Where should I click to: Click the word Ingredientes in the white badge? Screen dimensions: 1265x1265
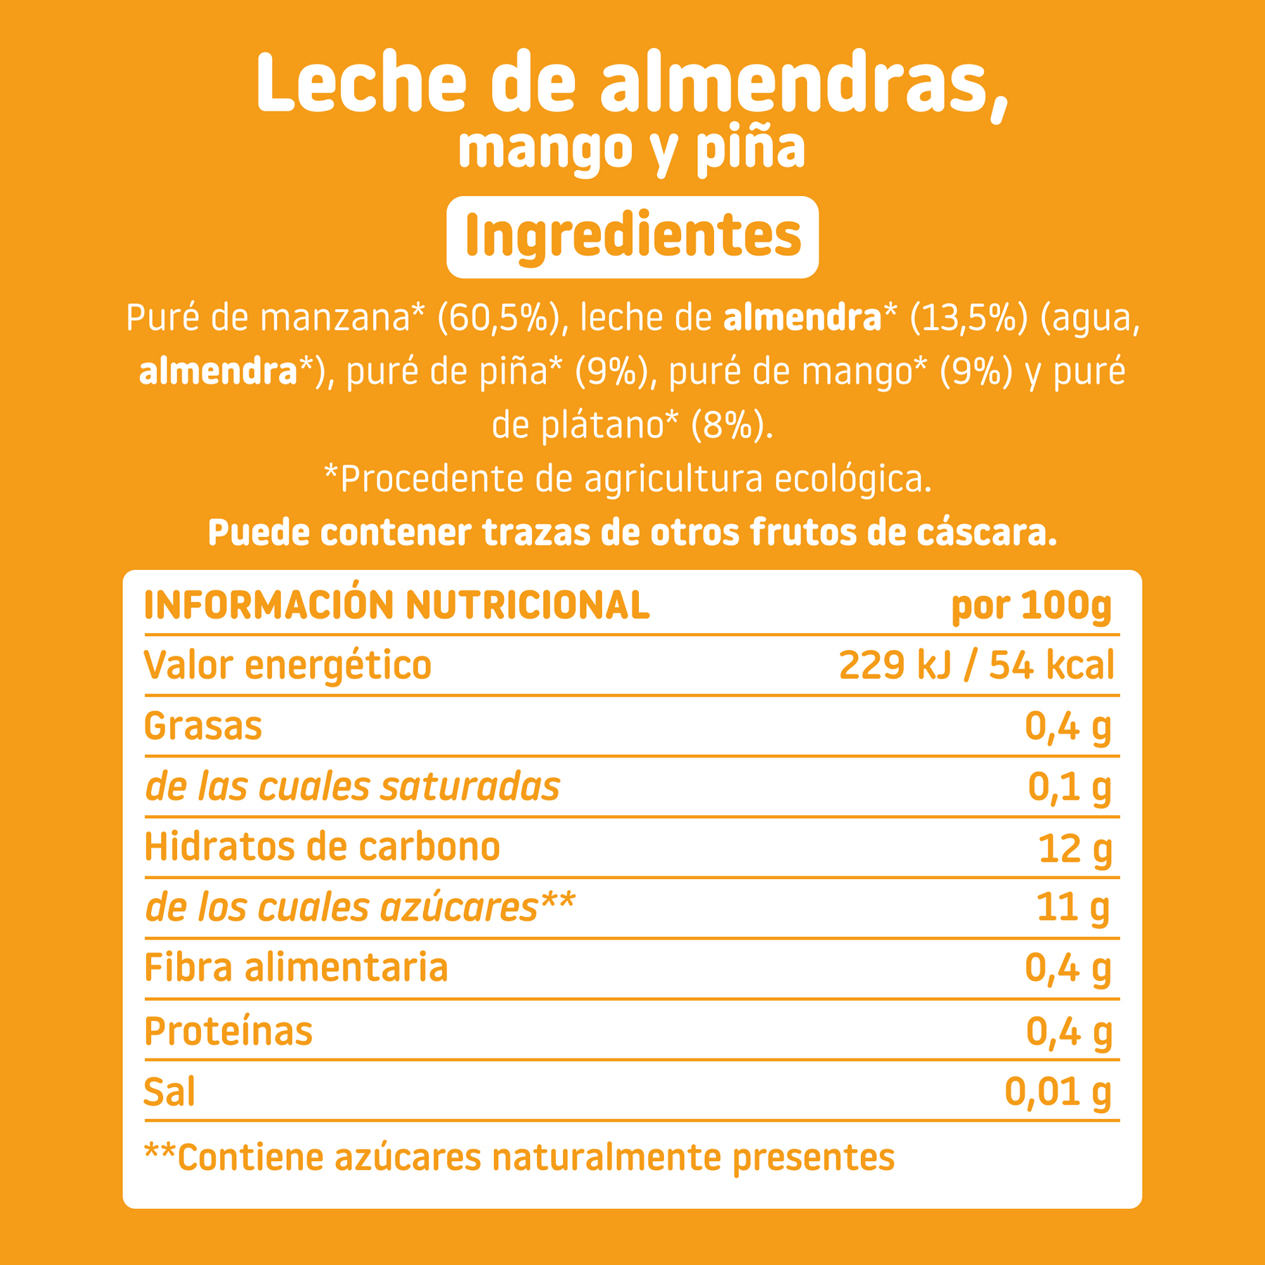pos(632,237)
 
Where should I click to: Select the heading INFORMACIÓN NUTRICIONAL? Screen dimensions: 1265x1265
pos(397,605)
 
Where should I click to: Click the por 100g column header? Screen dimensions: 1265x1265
pos(1032,605)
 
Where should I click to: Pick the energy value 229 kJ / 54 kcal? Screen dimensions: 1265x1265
pos(977,665)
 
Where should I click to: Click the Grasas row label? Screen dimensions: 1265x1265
pos(203,726)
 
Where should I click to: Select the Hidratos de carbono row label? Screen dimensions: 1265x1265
pos(322,848)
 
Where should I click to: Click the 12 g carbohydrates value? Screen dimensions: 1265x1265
pos(1075,848)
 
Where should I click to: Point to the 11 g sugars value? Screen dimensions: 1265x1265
pos(1074,908)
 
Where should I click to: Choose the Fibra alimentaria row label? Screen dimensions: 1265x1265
pos(296,968)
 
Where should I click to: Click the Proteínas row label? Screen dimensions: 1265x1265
pos(228,1031)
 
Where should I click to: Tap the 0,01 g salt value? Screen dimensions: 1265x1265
pos(1058,1091)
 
